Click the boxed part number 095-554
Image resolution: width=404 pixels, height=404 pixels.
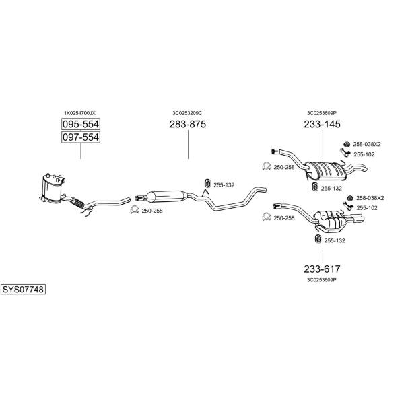click(81, 124)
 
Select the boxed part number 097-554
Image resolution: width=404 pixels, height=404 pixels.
click(81, 137)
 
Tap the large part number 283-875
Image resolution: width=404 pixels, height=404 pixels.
click(188, 124)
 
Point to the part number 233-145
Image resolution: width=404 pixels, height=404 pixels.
click(322, 124)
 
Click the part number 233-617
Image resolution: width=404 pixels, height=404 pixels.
click(322, 269)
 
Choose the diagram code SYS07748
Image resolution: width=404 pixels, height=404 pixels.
click(23, 290)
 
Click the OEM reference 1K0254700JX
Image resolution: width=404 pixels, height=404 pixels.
click(79, 113)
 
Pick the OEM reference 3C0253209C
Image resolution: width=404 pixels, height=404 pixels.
click(187, 113)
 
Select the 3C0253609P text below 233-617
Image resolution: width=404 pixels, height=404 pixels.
click(322, 280)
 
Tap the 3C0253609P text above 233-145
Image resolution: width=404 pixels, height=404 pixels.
click(322, 113)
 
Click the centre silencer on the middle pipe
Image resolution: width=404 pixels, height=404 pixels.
click(166, 197)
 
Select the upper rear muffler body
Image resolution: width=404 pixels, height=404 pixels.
click(325, 171)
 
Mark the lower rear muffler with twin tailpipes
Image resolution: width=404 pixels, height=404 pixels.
click(333, 220)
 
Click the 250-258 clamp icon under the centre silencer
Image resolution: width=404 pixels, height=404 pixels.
click(134, 210)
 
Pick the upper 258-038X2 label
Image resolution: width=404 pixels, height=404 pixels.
click(367, 144)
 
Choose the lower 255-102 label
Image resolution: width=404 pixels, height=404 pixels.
click(367, 208)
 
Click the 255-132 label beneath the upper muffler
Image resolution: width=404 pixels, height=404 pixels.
click(331, 189)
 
